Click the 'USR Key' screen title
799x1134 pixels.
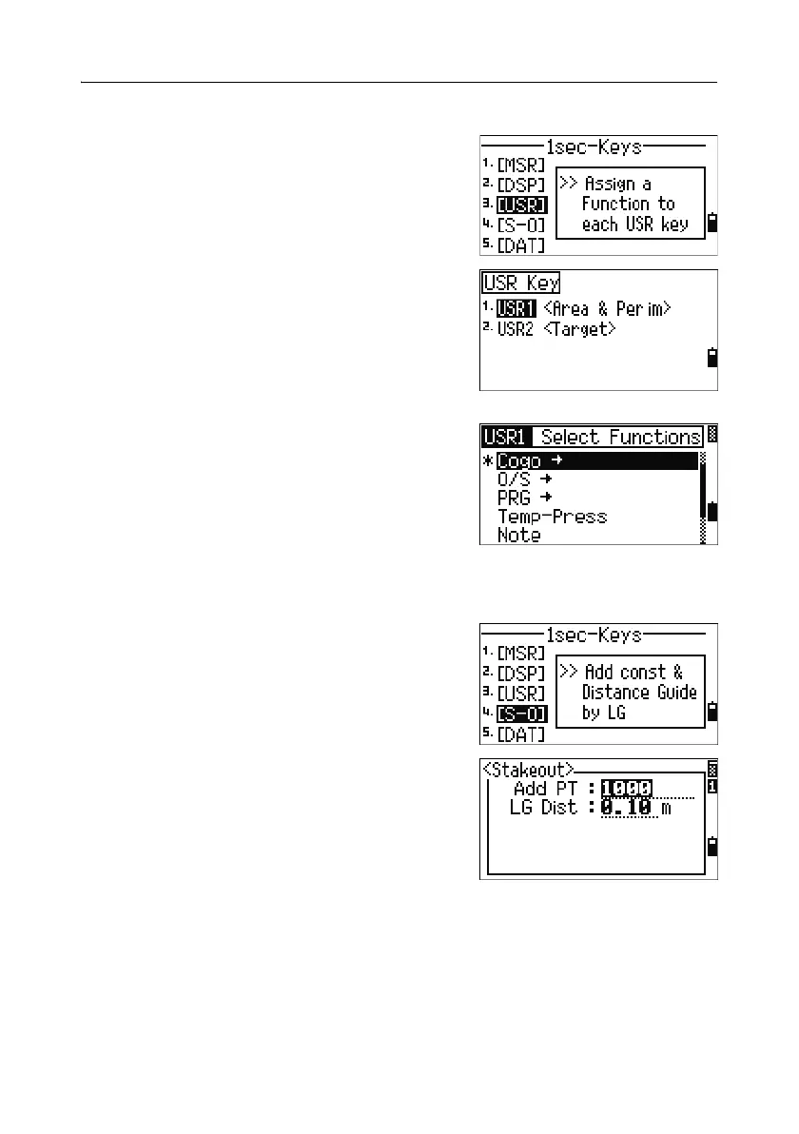(520, 283)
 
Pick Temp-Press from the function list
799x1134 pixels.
(552, 517)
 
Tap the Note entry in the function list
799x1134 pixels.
(518, 535)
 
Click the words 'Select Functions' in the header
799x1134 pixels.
(619, 438)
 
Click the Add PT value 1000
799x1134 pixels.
(626, 788)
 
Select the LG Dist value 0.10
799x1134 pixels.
(626, 808)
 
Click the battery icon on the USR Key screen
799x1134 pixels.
(711, 360)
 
